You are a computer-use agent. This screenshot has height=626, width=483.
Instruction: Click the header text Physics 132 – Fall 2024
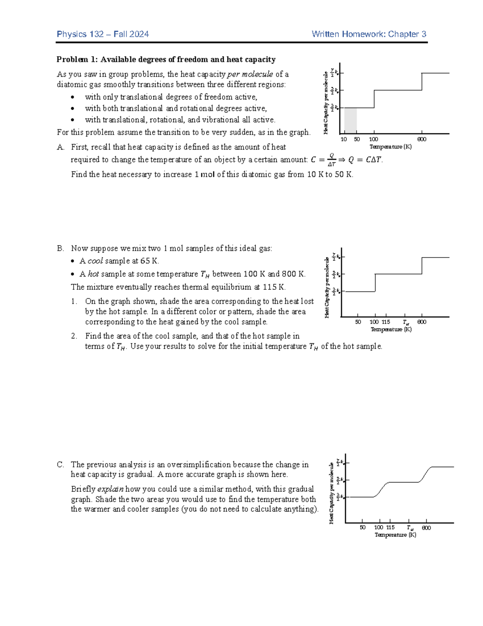click(x=103, y=34)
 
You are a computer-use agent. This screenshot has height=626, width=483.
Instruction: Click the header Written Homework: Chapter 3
click(x=369, y=34)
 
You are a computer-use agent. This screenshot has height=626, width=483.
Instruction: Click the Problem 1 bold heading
click(x=166, y=60)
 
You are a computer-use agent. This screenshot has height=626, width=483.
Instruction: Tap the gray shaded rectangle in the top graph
click(x=351, y=121)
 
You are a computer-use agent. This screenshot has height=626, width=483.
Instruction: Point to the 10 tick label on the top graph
click(x=344, y=139)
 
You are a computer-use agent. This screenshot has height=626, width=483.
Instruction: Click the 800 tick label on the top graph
click(x=422, y=139)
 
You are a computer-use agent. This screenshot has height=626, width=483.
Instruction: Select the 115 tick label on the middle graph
click(x=386, y=322)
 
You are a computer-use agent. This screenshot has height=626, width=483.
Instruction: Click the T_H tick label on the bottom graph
click(x=410, y=528)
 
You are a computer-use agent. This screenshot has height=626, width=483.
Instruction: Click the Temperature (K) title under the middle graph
click(x=391, y=329)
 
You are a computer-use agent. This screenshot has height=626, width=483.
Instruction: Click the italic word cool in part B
click(x=95, y=261)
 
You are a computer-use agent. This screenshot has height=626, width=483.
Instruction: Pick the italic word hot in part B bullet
click(x=93, y=274)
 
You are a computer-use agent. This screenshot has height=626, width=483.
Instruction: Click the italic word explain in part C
click(x=110, y=489)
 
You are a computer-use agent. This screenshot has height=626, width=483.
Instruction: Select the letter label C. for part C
click(x=60, y=464)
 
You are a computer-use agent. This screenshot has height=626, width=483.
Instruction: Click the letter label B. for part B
click(x=60, y=248)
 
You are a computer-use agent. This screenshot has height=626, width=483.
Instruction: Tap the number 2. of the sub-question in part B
click(x=74, y=336)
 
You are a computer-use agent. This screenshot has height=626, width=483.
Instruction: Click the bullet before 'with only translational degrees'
click(x=72, y=97)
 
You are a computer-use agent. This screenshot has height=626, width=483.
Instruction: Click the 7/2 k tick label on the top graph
click(x=334, y=73)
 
